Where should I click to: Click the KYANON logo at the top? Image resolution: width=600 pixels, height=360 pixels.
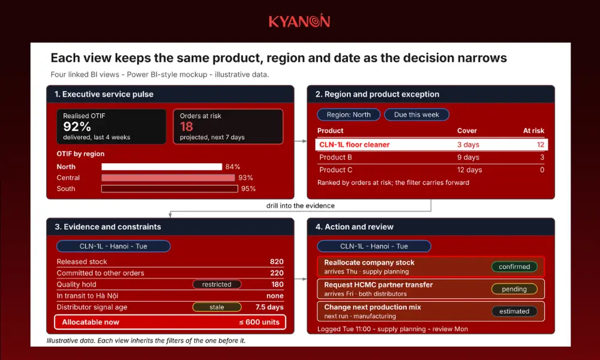click(x=299, y=20)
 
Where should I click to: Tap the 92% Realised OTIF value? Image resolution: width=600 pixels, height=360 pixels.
click(x=77, y=126)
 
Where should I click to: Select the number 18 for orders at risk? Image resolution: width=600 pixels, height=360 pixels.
click(x=187, y=126)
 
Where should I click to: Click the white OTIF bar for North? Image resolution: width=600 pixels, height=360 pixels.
click(x=161, y=167)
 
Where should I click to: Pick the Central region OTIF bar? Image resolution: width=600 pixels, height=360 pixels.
click(x=168, y=178)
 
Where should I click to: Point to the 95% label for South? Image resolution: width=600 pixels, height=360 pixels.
click(x=248, y=188)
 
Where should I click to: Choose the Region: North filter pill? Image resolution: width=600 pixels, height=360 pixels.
click(x=349, y=115)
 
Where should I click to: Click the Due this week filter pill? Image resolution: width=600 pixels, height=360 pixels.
click(x=416, y=115)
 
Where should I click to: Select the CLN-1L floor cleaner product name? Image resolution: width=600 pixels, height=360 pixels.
click(x=355, y=145)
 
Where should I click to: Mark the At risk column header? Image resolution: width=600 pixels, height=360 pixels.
click(x=533, y=130)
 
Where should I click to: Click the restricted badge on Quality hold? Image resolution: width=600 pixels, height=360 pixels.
click(x=217, y=284)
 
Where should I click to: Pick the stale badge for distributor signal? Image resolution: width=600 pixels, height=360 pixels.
click(x=217, y=307)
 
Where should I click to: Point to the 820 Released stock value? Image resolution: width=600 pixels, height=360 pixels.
click(x=277, y=262)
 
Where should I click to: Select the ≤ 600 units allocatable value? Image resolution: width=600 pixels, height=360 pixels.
click(x=259, y=322)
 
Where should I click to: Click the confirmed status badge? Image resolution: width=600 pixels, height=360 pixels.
click(x=514, y=266)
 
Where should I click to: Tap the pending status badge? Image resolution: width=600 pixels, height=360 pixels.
click(x=514, y=289)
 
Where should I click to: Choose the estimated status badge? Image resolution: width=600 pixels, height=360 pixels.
click(x=514, y=311)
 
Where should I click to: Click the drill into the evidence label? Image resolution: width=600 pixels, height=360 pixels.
click(x=301, y=206)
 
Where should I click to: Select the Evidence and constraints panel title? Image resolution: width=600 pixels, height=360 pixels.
click(x=108, y=227)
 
